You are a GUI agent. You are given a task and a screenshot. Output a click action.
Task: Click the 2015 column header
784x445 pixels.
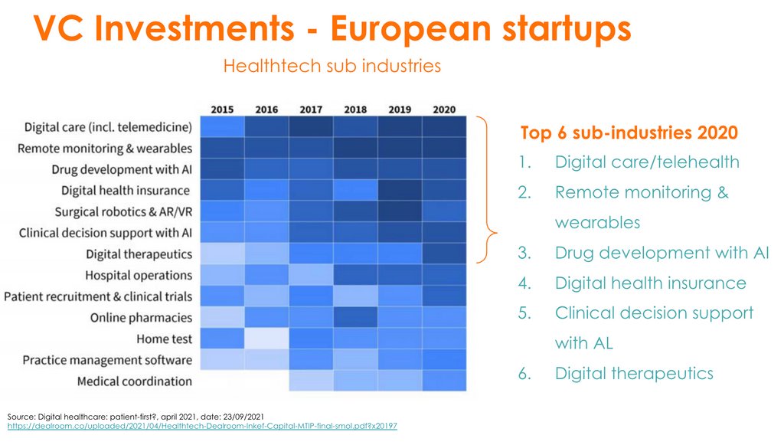click(222, 110)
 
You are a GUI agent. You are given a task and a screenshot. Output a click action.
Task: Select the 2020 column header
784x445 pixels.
click(444, 110)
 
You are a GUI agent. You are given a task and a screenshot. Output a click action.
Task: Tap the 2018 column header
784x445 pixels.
click(355, 110)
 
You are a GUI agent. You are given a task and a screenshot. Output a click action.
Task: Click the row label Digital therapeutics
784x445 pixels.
click(139, 254)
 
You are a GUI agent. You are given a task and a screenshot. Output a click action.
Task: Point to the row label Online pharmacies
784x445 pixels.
click(141, 317)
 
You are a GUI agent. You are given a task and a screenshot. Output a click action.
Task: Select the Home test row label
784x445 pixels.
click(164, 339)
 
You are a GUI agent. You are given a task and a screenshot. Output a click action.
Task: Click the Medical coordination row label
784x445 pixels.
click(135, 381)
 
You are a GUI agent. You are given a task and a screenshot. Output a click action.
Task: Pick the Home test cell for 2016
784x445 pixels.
click(266, 339)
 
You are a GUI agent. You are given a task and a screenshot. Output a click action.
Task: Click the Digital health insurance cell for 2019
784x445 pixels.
click(400, 190)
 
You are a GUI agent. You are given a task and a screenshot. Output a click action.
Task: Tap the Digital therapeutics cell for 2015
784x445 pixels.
click(222, 254)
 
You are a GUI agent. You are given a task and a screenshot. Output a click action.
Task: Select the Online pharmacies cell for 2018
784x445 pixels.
click(355, 317)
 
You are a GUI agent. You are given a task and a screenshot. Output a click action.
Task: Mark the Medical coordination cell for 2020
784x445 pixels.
click(444, 381)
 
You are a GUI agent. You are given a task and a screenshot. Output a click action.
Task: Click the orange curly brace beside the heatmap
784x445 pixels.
click(488, 190)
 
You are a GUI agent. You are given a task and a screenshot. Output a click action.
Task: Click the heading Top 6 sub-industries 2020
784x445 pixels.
click(629, 133)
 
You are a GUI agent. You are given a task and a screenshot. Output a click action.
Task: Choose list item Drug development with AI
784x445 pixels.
click(661, 253)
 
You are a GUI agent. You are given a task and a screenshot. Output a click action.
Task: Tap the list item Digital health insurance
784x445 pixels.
click(650, 283)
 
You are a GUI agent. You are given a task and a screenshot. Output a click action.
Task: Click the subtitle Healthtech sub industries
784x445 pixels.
click(332, 66)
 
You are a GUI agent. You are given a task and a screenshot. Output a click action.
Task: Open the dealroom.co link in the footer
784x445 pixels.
click(202, 425)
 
